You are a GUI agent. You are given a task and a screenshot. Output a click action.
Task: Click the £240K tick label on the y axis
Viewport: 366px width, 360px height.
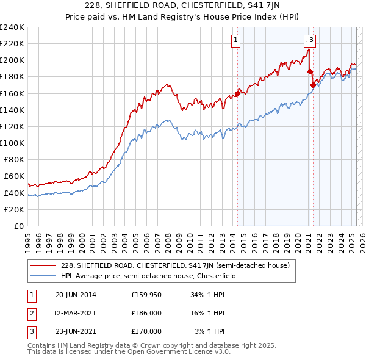[x=12, y=27]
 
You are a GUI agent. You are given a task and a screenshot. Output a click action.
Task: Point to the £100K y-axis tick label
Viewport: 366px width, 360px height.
[x=12, y=143]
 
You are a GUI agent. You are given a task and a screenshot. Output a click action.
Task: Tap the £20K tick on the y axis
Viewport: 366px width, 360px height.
[x=14, y=209]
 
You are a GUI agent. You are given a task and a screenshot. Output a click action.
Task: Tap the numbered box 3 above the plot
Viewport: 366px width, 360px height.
[x=311, y=41]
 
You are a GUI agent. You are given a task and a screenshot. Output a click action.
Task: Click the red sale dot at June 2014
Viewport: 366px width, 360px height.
[x=237, y=94]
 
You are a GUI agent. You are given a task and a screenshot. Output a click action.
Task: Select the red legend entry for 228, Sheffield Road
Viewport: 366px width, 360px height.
[x=178, y=265]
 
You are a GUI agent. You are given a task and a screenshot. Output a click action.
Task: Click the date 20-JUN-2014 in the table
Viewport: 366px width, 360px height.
[x=76, y=294]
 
